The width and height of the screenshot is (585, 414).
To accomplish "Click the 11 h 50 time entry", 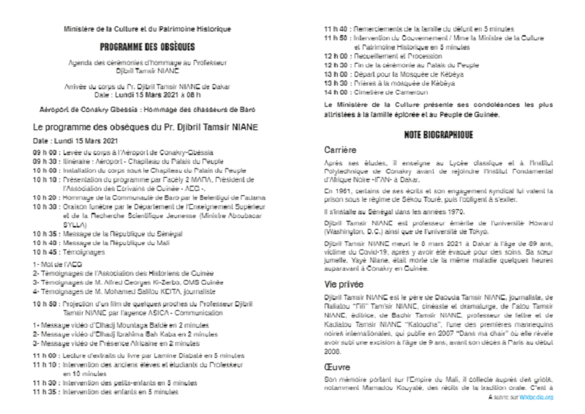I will click(337, 36).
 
